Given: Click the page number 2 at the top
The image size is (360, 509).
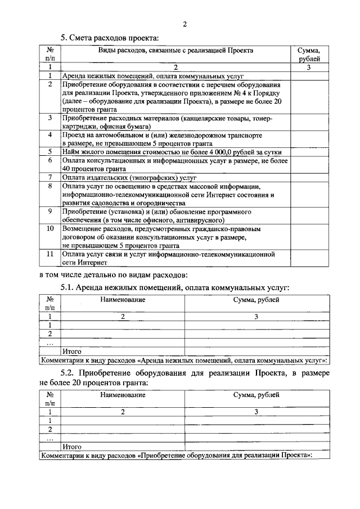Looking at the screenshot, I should (184, 24).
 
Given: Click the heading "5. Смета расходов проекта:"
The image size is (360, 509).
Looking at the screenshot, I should (110, 38).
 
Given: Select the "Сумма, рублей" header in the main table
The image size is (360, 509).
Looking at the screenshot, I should (309, 54).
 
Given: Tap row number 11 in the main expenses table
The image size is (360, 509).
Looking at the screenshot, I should (50, 254).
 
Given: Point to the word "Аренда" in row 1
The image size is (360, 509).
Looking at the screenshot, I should (74, 75).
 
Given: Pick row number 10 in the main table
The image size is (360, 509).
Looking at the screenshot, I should (50, 229).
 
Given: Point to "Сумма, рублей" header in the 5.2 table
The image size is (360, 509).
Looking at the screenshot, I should (256, 395).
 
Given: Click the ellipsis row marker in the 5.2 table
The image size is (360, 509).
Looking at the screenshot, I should (50, 438).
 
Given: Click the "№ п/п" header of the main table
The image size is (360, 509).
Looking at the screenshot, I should (50, 54).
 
